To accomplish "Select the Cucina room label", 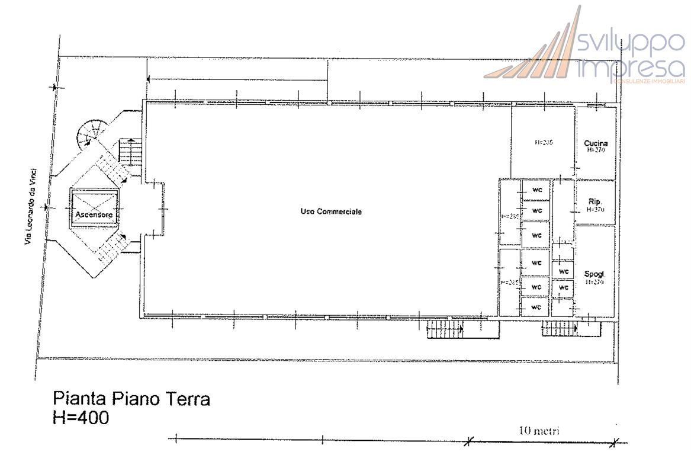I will coord(595,143).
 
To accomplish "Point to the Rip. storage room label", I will coord(595,201).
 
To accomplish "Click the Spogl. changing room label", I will coord(594,274).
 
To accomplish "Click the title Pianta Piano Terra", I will coord(131,399).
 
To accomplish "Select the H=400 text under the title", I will coord(81,418).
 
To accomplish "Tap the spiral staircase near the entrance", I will coord(94,133).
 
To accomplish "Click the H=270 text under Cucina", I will coord(595,150).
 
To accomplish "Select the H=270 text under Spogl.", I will coord(594,283).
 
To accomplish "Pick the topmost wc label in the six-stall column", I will coord(537,190).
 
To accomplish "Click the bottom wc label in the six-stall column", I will coord(536,307).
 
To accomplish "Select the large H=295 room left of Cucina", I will coord(543,143).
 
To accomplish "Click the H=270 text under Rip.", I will coord(595,209).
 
